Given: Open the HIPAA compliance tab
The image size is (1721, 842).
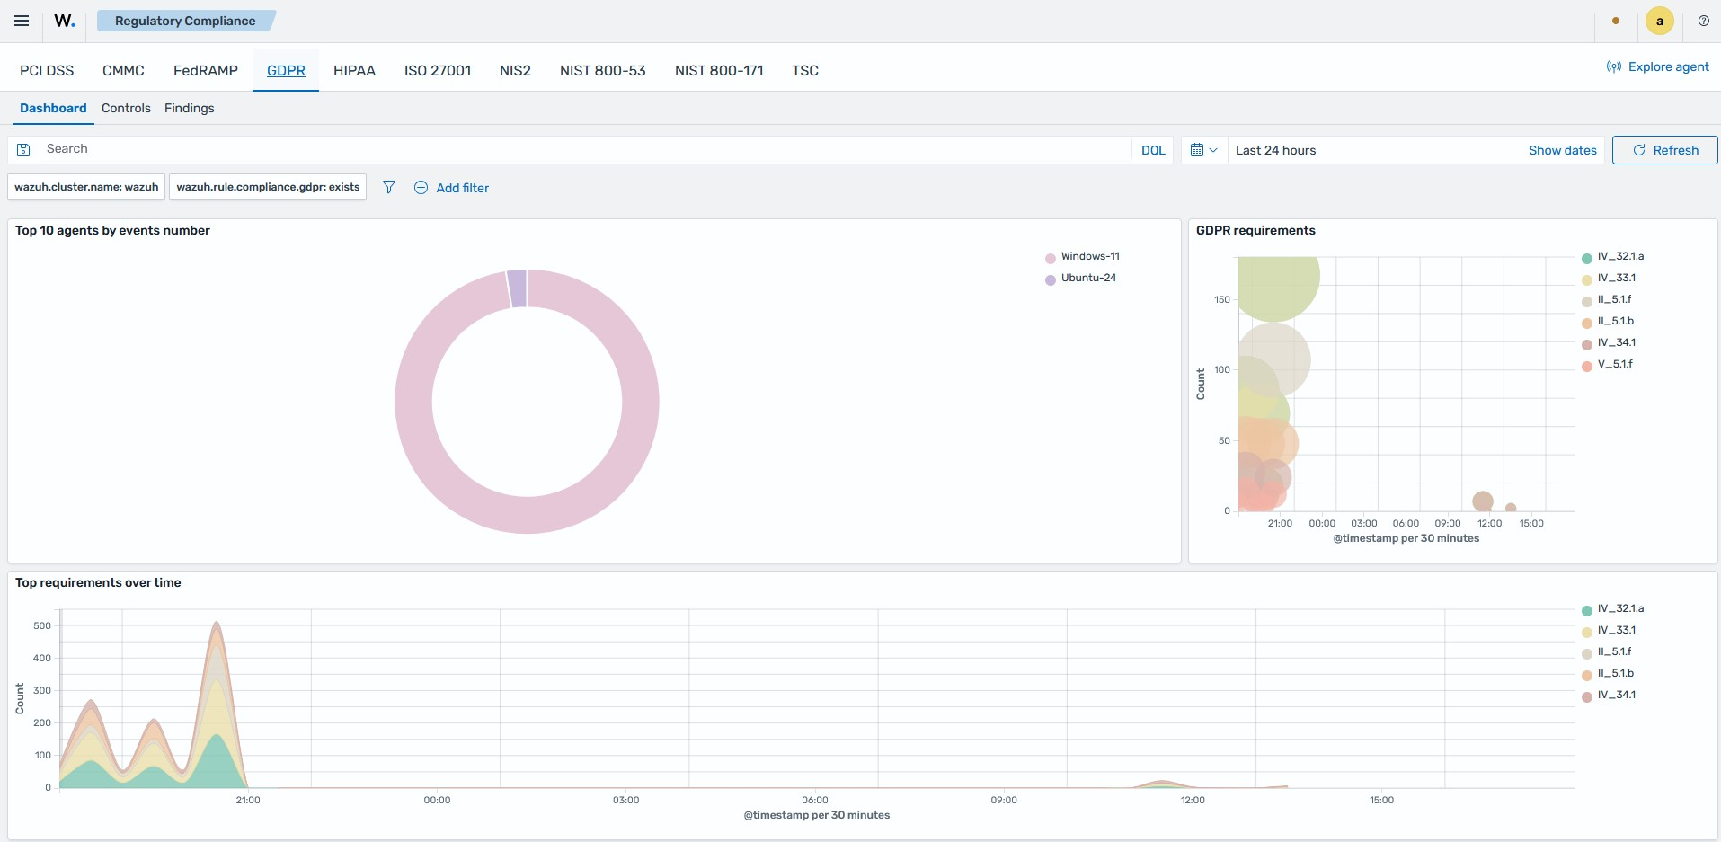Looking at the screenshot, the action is click(354, 70).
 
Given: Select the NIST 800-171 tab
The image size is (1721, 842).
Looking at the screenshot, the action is click(719, 70).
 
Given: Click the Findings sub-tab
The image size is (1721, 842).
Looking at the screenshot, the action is click(190, 108).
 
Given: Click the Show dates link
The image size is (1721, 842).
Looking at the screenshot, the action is click(1563, 150).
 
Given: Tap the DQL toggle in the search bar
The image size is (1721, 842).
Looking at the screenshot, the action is click(1153, 150).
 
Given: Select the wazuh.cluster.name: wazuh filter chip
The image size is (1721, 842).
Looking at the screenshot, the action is click(86, 187).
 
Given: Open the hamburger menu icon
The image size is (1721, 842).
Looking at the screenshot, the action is click(22, 21).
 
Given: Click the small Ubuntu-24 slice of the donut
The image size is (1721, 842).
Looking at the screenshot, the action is click(517, 288).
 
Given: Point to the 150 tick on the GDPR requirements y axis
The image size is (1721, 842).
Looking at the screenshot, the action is click(1222, 299).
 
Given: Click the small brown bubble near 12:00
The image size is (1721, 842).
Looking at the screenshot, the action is click(1483, 501).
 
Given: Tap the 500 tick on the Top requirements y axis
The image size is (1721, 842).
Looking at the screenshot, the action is click(42, 625).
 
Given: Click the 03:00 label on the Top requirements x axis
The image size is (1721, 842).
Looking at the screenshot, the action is click(626, 800).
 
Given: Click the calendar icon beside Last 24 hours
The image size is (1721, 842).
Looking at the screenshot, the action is click(1197, 150).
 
